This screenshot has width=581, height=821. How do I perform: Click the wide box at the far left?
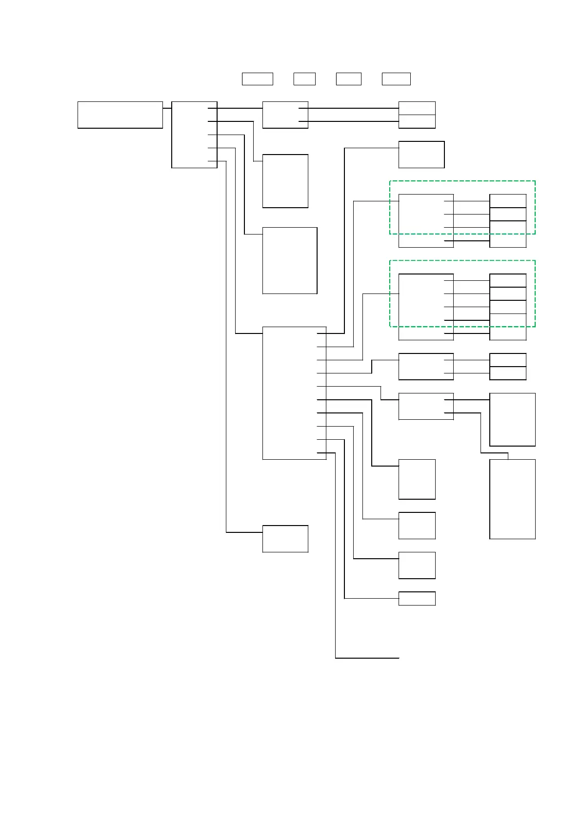coord(120,115)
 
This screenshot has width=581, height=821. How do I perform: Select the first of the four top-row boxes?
coord(257,78)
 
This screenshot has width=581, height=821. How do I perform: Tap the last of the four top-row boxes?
coord(396,78)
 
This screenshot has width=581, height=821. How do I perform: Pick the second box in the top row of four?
coord(304,78)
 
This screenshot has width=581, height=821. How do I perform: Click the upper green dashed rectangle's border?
coord(462,181)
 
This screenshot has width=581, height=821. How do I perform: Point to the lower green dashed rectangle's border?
coord(462,260)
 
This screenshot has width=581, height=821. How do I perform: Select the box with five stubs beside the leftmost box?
coord(194,135)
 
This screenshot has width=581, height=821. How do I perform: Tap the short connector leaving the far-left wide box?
coord(167,108)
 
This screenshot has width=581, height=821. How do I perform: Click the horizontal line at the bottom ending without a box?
coord(367,658)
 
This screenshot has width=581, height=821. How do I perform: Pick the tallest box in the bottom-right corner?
coord(512,499)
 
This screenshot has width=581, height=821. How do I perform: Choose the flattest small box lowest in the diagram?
coord(417,598)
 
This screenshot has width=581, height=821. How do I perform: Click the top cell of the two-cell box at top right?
coord(417,108)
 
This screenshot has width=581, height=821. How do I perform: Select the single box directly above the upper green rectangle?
coord(421,155)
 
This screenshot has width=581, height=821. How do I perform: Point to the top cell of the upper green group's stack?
coord(508,200)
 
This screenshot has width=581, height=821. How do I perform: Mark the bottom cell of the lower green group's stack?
coord(508,333)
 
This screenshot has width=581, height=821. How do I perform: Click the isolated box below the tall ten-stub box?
coord(285,539)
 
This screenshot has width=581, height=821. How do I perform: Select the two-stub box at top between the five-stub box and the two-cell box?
coord(285,115)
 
